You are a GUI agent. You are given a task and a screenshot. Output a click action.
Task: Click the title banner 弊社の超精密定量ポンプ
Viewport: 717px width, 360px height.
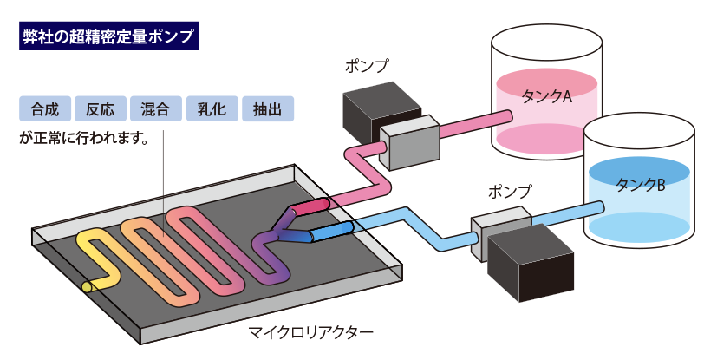(x=109, y=36)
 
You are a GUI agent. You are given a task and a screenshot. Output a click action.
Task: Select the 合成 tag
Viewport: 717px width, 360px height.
(x=45, y=109)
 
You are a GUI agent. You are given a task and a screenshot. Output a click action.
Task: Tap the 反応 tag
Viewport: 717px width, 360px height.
(x=101, y=109)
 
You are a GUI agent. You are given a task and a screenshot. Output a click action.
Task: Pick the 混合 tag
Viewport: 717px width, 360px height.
(x=156, y=109)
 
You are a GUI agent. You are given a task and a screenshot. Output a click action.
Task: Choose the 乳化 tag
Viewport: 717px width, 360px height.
(x=212, y=109)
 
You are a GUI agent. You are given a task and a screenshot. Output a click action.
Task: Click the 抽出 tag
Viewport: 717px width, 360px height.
(x=268, y=109)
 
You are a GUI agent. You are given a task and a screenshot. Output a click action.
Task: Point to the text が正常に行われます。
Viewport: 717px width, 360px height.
(x=84, y=138)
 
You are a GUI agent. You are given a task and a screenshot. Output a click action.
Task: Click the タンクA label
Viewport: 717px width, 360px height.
(x=546, y=96)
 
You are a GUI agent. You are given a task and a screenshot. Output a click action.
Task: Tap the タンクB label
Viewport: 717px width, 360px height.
(x=640, y=185)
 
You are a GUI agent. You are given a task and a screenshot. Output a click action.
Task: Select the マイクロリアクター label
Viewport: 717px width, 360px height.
(x=311, y=331)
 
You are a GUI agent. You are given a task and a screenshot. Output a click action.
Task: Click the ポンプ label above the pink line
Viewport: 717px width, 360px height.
(x=367, y=66)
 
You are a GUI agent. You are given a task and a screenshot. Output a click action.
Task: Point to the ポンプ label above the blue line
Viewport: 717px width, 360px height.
(x=510, y=191)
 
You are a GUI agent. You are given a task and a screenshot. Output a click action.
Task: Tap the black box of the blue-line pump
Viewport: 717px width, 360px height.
(x=531, y=262)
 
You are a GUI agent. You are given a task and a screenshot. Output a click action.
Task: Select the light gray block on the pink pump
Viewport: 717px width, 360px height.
(x=410, y=141)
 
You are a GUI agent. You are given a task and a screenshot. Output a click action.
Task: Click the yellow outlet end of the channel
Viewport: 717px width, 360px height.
(x=87, y=287)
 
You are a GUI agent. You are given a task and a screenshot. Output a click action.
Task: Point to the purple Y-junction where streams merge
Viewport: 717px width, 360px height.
(x=277, y=234)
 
